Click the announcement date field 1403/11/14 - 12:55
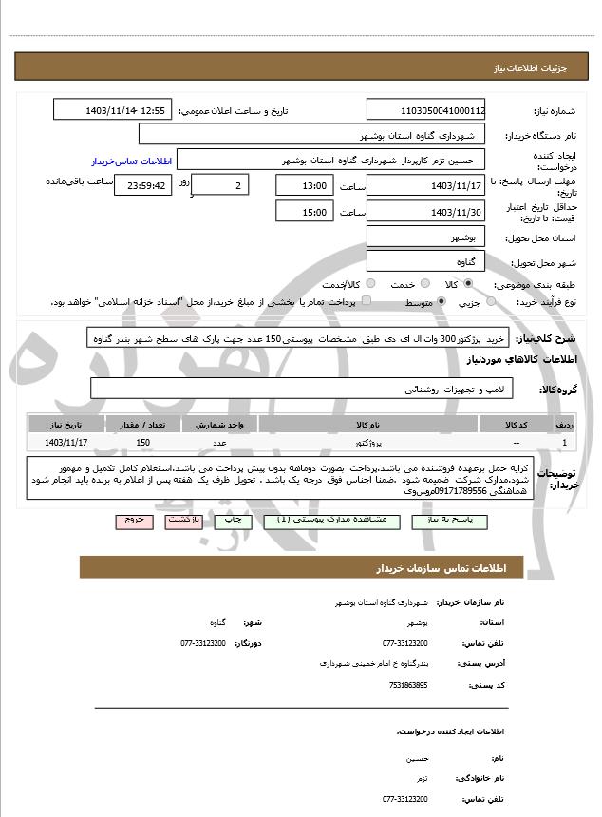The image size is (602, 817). [113, 110]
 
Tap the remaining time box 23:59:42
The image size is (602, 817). [143, 185]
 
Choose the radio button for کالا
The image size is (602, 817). [468, 283]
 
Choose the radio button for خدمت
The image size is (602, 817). [423, 283]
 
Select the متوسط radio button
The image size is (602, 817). [442, 301]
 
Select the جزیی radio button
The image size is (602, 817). [491, 301]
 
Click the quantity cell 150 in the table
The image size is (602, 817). [143, 442]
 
